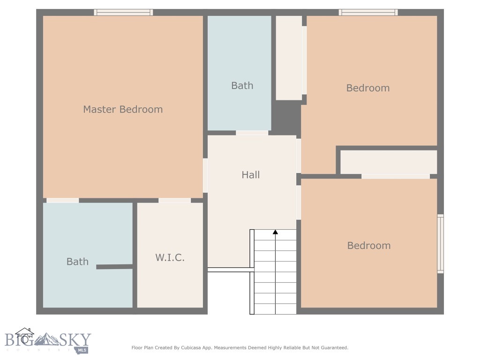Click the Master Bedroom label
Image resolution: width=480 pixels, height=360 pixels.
pyautogui.click(x=123, y=109)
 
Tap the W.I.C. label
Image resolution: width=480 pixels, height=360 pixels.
pyautogui.click(x=170, y=257)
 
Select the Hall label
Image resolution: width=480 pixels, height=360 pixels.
pyautogui.click(x=251, y=175)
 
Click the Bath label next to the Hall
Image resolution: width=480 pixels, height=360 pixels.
pyautogui.click(x=242, y=86)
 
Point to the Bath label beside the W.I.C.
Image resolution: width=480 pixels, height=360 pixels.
pyautogui.click(x=77, y=262)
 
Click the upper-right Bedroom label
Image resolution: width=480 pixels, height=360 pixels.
pyautogui.click(x=368, y=88)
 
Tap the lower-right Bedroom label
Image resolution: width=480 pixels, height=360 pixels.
pyautogui.click(x=369, y=246)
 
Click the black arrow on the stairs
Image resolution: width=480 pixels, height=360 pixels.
pyautogui.click(x=275, y=232)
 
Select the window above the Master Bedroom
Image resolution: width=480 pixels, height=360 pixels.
pyautogui.click(x=123, y=13)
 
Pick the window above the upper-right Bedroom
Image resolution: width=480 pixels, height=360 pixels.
pyautogui.click(x=368, y=13)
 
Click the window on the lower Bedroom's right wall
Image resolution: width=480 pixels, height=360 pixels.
pyautogui.click(x=440, y=244)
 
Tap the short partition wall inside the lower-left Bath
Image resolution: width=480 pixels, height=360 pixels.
pyautogui.click(x=114, y=267)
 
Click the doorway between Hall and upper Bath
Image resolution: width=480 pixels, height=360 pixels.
pyautogui.click(x=252, y=133)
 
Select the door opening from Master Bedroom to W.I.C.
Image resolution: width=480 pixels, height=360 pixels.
pyautogui.click(x=174, y=201)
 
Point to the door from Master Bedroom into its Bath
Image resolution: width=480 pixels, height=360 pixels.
pyautogui.click(x=63, y=201)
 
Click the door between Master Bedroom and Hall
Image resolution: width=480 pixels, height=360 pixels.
pyautogui.click(x=205, y=175)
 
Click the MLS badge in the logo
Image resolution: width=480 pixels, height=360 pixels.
pyautogui.click(x=82, y=350)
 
